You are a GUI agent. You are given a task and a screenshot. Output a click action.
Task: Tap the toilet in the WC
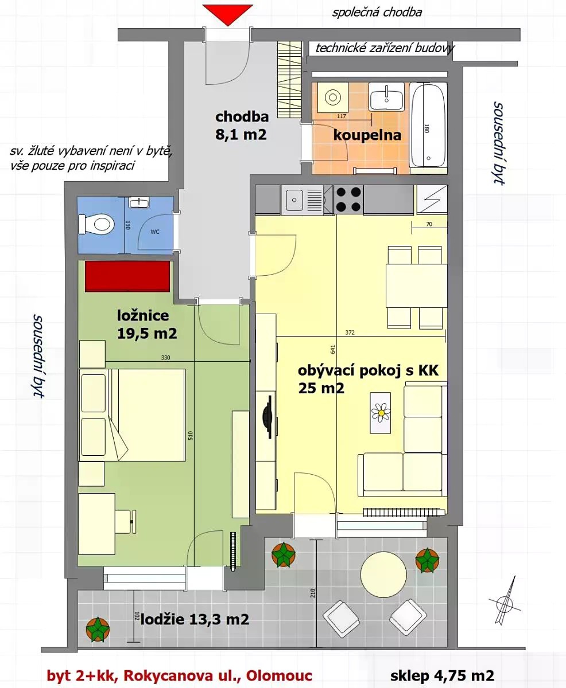pyautogui.click(x=96, y=224)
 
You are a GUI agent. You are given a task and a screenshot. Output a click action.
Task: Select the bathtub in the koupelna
pyautogui.click(x=428, y=126)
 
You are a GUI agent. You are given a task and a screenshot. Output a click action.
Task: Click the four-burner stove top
pyautogui.click(x=348, y=200)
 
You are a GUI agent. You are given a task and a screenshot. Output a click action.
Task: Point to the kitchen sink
pyautogui.click(x=303, y=200)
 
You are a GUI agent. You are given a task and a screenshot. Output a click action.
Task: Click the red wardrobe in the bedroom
pyautogui.click(x=127, y=276)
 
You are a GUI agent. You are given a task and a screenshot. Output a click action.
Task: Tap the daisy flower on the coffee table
pyautogui.click(x=381, y=413)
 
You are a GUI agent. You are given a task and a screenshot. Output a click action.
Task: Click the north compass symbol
pyautogui.click(x=505, y=604)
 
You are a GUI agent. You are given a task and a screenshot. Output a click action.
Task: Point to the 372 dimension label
pyautogui.click(x=350, y=333)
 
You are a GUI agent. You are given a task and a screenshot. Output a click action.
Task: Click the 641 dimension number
pyautogui.click(x=333, y=349)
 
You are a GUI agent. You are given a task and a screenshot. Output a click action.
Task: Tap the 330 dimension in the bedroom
pyautogui.click(x=165, y=358)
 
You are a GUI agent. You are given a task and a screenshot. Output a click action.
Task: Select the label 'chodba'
pyautogui.click(x=242, y=116)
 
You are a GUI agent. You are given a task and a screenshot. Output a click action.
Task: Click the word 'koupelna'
pyautogui.click(x=367, y=135)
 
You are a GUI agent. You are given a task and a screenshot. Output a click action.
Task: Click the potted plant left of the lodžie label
pyautogui.click(x=98, y=630)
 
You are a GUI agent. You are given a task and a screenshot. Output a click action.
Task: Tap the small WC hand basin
pyautogui.click(x=139, y=202)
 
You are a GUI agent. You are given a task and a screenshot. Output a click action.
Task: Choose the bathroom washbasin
pyautogui.click(x=386, y=96)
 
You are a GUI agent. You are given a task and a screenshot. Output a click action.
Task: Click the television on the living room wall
pyautogui.click(x=269, y=417)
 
